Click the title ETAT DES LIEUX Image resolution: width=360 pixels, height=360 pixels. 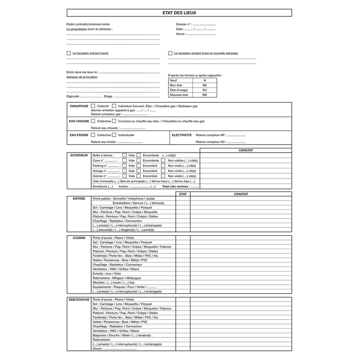pyautogui.click(x=180, y=13)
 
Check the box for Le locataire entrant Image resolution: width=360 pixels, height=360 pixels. pyautogui.click(x=69, y=53)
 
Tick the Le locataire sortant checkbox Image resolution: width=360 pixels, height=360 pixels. pyautogui.click(x=170, y=53)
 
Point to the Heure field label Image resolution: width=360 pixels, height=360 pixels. pyautogui.click(x=181, y=34)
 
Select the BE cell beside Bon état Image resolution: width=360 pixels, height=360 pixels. pyautogui.click(x=204, y=85)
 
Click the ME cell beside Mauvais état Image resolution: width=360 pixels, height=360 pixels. pyautogui.click(x=204, y=95)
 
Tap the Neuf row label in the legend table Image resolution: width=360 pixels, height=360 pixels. pyautogui.click(x=173, y=80)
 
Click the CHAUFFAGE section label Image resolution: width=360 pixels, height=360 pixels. pyautogui.click(x=79, y=106)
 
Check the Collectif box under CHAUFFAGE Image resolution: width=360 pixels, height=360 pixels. pyautogui.click(x=93, y=106)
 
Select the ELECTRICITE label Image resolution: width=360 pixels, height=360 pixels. pyautogui.click(x=182, y=135)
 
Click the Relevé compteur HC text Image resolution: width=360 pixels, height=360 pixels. pyautogui.click(x=210, y=142)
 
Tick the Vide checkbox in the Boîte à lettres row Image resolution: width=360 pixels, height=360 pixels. pyautogui.click(x=124, y=156)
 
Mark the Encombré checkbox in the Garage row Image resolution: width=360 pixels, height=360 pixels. pyautogui.click(x=139, y=171)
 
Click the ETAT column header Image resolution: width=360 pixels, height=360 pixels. pyautogui.click(x=182, y=194)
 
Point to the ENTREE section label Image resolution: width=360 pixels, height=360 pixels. pyautogui.click(x=79, y=198)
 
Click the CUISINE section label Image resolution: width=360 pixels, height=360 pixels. pyautogui.click(x=79, y=238)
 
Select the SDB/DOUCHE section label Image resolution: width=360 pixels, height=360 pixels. pyautogui.click(x=79, y=300)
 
